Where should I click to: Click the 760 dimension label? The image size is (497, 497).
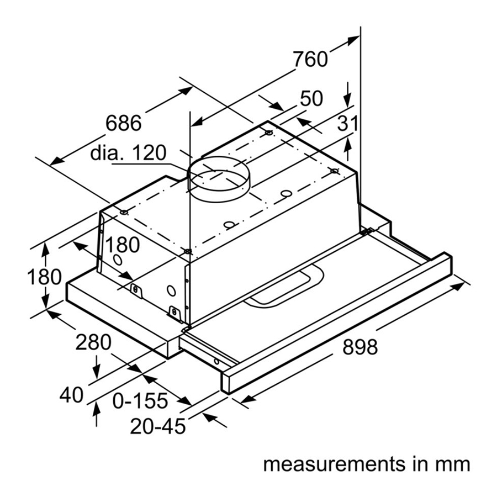click(x=310, y=59)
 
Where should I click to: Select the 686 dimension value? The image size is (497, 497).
click(x=124, y=123)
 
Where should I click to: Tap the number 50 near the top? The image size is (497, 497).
click(x=311, y=99)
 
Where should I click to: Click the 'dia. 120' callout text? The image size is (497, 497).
click(x=128, y=153)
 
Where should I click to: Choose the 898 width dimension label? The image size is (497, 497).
click(x=360, y=347)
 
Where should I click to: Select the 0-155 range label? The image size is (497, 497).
click(x=140, y=400)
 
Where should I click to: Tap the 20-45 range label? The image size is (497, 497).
click(x=158, y=426)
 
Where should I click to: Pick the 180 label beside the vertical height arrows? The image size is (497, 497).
click(x=44, y=277)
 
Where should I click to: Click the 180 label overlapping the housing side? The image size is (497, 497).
click(x=122, y=245)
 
